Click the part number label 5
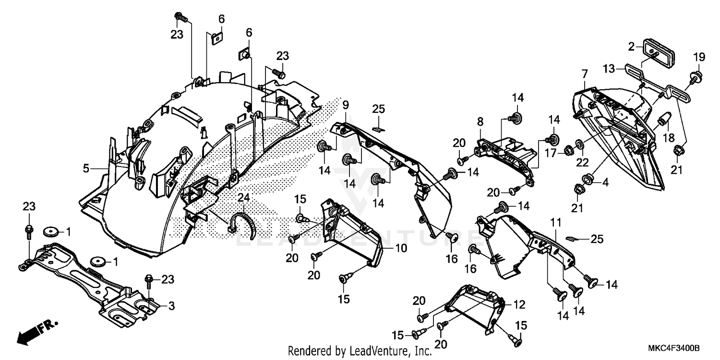(x=86, y=168)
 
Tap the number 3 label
(x=170, y=306)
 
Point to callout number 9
(x=346, y=104)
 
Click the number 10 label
(x=401, y=249)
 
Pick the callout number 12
(x=520, y=305)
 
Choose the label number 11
(x=555, y=222)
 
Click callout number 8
(x=480, y=122)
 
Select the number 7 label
(x=584, y=74)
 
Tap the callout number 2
(x=632, y=47)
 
